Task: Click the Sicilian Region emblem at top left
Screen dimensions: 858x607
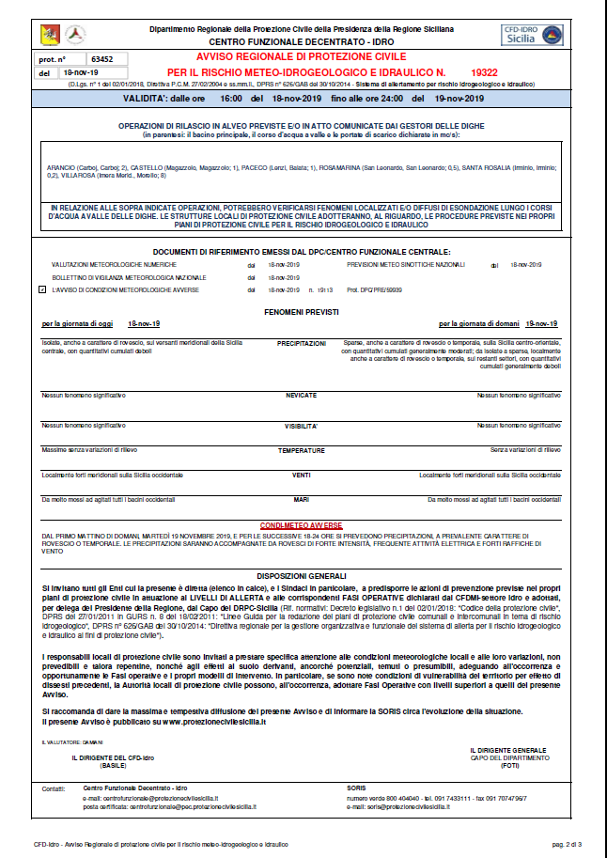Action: point(48,35)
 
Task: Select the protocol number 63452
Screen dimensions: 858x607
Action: point(89,58)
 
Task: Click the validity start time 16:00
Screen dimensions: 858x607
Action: point(230,99)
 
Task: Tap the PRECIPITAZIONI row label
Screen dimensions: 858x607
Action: point(301,344)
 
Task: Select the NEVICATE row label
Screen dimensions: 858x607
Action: point(301,396)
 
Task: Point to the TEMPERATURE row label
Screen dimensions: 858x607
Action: point(301,450)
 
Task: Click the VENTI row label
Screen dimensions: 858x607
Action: point(301,475)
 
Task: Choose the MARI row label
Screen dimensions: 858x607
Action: point(301,499)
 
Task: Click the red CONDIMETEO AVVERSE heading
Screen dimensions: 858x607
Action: point(302,523)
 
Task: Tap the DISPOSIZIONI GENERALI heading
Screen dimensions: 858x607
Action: point(301,574)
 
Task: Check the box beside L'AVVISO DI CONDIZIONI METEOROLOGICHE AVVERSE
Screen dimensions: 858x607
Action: point(42,290)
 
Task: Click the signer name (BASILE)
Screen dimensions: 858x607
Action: point(113,764)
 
